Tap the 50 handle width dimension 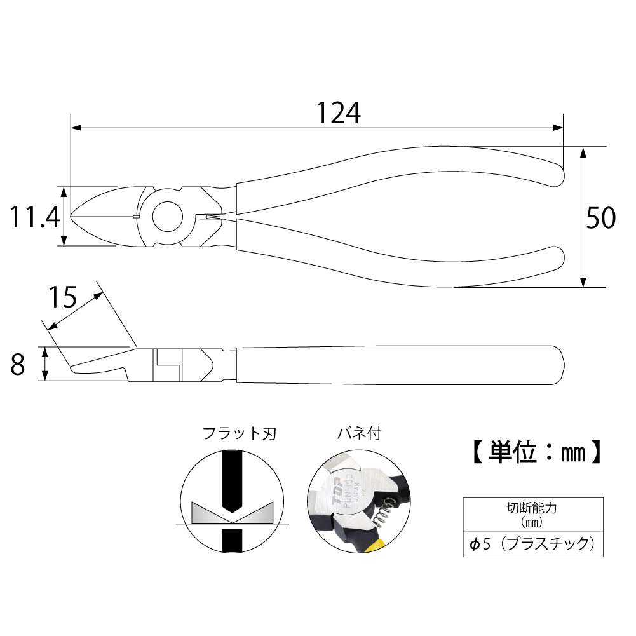600,218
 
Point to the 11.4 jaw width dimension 35,217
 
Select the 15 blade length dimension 62,297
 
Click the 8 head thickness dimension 17,365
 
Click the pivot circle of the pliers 168,217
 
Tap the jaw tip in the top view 72,216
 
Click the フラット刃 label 240,433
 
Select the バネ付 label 360,433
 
